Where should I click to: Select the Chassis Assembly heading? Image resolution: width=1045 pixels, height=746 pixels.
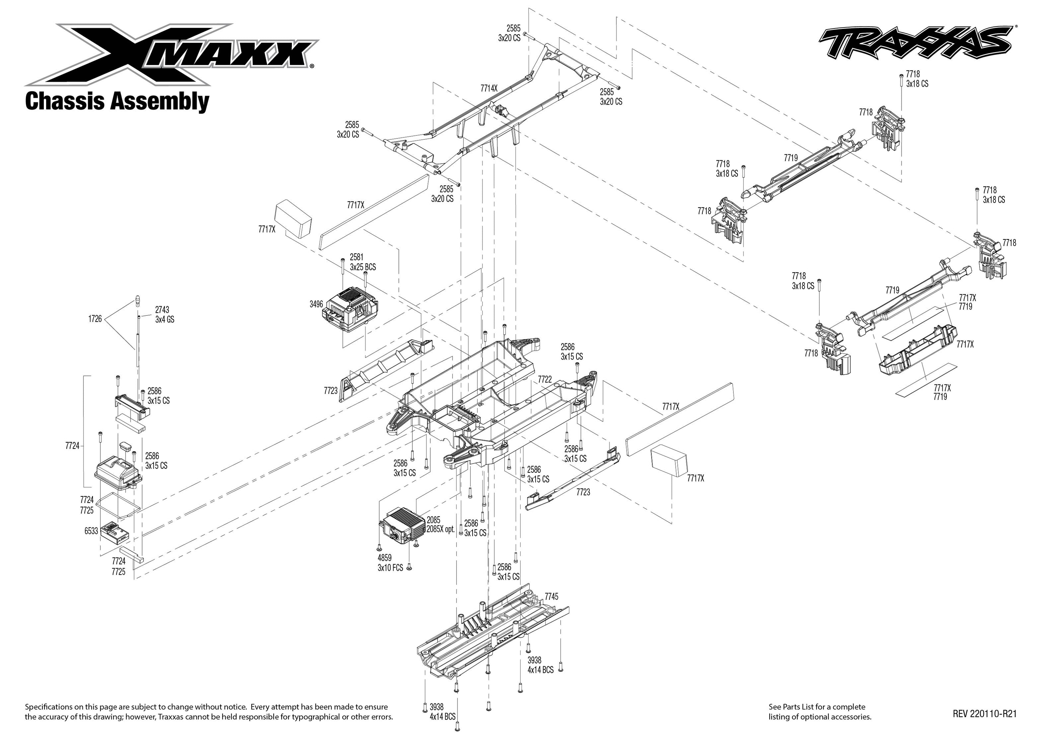(117, 101)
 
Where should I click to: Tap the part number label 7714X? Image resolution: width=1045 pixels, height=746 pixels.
(489, 88)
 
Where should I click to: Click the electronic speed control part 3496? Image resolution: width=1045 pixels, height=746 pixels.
(351, 309)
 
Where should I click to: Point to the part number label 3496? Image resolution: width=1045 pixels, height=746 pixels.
(316, 304)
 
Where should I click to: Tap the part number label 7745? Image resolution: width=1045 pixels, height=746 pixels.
(551, 596)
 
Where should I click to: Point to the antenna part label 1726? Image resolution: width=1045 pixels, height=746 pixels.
(95, 319)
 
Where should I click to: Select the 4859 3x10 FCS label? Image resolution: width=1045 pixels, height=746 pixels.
(390, 563)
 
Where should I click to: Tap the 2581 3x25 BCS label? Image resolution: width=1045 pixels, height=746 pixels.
(362, 262)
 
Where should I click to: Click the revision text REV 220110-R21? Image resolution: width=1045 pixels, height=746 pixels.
(984, 714)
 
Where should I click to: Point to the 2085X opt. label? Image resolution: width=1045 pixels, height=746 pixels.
(440, 529)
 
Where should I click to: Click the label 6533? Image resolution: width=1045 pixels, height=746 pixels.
(91, 531)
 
